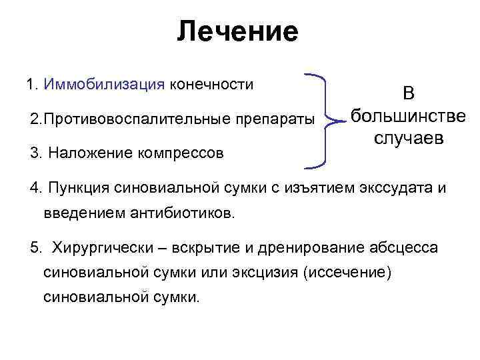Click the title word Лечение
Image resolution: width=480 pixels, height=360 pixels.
click(x=238, y=32)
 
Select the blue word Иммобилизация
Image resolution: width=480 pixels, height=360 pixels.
click(x=103, y=85)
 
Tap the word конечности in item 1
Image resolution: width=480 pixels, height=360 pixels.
click(x=211, y=85)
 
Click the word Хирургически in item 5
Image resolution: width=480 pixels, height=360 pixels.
click(x=107, y=248)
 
